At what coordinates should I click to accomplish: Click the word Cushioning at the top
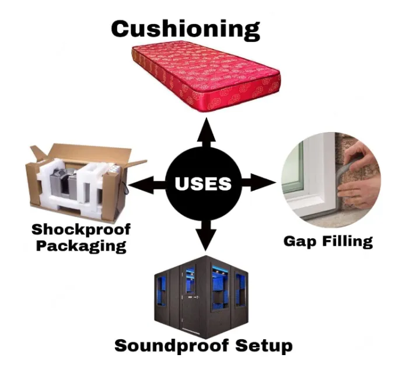[x=185, y=28]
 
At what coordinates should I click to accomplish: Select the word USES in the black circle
[x=203, y=184]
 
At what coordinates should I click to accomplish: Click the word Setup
[x=266, y=346]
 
